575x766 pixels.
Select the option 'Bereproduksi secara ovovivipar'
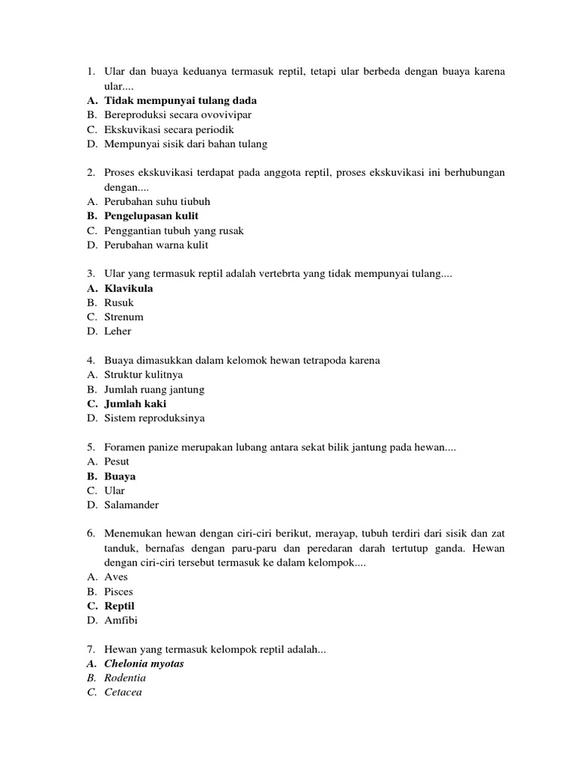178,114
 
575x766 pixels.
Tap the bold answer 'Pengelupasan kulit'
151,216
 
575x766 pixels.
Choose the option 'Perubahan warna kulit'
156,245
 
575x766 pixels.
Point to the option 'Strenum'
124,317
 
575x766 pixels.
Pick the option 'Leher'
118,331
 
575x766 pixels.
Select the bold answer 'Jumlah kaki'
136,404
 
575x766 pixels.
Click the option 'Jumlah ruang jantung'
154,390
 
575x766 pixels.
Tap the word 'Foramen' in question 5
125,447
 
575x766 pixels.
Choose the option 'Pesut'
118,462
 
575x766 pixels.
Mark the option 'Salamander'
132,505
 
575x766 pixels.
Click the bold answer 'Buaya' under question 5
120,477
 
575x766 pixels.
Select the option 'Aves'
117,577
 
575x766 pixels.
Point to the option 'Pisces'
119,592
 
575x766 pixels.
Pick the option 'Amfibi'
121,620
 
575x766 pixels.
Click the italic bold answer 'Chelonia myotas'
144,664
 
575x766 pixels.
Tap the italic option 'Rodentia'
126,678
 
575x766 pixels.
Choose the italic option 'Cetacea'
124,692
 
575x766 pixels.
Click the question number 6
89,533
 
